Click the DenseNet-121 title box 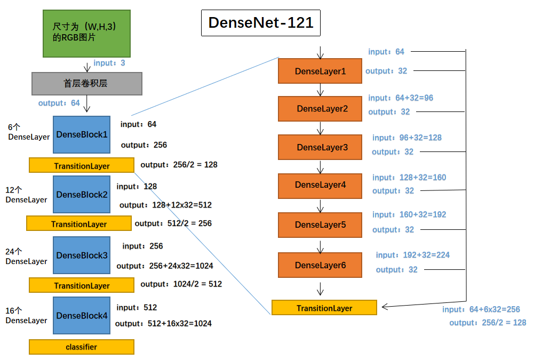pyautogui.click(x=261, y=23)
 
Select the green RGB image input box pyautogui.click(x=87, y=33)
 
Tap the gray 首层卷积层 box pyautogui.click(x=87, y=84)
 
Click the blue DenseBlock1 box pyautogui.click(x=82, y=134)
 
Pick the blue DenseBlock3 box pyautogui.click(x=82, y=255)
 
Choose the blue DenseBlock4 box pyautogui.click(x=82, y=315)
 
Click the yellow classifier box pyautogui.click(x=81, y=347)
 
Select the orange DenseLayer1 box pyautogui.click(x=320, y=71)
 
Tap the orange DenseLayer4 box pyautogui.click(x=320, y=185)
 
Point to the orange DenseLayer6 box pyautogui.click(x=320, y=265)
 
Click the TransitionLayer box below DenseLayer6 pyautogui.click(x=324, y=308)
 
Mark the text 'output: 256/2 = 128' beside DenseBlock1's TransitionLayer pyautogui.click(x=179, y=165)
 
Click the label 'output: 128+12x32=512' pyautogui.click(x=165, y=205)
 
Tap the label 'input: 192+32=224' pyautogui.click(x=412, y=255)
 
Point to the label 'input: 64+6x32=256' pyautogui.click(x=481, y=309)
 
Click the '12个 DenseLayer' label pyautogui.click(x=26, y=195)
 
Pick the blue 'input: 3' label pyautogui.click(x=109, y=63)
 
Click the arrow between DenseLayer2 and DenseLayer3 pyautogui.click(x=320, y=128)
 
